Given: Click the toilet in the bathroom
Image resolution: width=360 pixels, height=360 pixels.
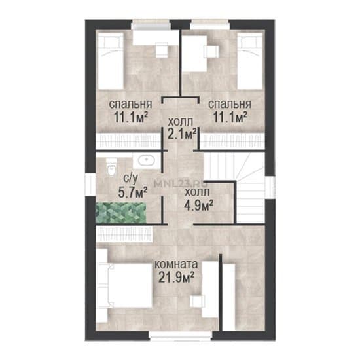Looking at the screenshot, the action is [111, 167].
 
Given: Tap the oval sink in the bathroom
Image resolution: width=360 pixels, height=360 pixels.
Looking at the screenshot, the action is [146, 160].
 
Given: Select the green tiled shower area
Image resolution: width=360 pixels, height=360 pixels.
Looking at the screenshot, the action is [121, 213].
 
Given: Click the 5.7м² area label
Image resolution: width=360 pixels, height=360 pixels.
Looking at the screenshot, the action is [132, 192].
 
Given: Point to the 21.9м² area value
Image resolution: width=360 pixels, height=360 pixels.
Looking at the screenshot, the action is [175, 277].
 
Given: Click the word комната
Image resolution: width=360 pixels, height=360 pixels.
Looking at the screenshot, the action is [176, 264].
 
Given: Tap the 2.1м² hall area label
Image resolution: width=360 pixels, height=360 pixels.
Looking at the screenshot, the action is [182, 134].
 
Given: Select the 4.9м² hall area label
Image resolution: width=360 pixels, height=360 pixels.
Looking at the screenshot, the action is [198, 205].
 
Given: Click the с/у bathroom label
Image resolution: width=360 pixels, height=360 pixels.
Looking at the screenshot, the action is [131, 179].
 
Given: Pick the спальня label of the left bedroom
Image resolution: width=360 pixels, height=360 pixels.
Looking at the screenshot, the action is [130, 104].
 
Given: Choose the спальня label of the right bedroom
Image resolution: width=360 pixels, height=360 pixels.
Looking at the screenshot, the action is [230, 104].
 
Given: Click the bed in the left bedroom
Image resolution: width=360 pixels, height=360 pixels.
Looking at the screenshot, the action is [111, 61].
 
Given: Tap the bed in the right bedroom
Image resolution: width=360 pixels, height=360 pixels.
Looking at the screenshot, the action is [249, 61].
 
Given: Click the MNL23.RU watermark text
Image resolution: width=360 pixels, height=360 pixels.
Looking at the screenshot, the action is [181, 183].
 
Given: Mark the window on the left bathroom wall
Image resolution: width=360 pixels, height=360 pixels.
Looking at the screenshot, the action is [90, 185].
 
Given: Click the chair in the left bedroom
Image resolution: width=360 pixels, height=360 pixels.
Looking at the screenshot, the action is [162, 50].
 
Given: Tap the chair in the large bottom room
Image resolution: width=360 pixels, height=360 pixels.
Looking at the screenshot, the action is [197, 301].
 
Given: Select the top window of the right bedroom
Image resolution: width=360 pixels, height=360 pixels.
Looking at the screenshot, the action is [210, 25].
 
